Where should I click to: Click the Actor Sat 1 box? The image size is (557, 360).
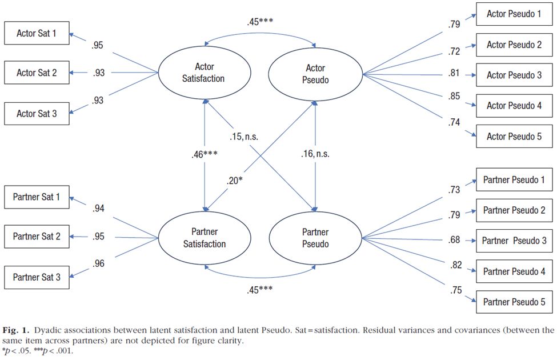click(37, 34)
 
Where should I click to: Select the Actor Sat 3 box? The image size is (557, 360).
click(37, 114)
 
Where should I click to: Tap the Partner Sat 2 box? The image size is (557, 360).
click(37, 237)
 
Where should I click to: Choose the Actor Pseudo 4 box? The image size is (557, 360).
click(514, 106)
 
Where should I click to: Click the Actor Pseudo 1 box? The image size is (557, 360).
click(514, 13)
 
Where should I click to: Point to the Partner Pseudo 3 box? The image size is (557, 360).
click(514, 241)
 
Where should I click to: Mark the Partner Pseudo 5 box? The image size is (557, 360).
click(514, 302)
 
